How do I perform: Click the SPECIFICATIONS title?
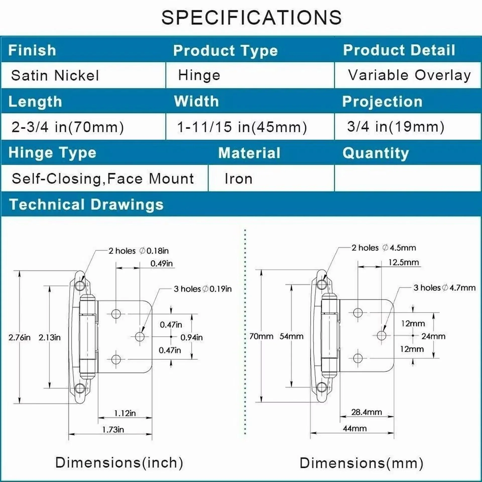point(251,17)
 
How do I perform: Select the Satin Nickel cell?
point(55,75)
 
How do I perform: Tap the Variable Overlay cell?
point(409,75)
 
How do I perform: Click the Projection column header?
point(382,102)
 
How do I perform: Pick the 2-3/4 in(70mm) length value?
point(68,127)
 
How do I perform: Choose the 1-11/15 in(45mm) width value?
point(242,127)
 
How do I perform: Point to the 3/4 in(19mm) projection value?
point(396,127)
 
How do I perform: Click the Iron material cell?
point(238,179)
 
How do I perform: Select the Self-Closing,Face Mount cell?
point(103,179)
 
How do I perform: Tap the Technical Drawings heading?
point(86,204)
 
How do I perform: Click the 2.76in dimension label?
point(19,337)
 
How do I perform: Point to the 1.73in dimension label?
point(113,430)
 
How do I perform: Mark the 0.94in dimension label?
point(192,337)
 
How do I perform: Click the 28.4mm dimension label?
point(367,412)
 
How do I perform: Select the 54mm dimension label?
point(291,336)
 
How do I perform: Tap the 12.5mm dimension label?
point(404,263)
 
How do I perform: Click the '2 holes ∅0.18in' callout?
point(139,251)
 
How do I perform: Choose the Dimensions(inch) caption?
point(119,462)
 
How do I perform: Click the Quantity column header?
point(376,153)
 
